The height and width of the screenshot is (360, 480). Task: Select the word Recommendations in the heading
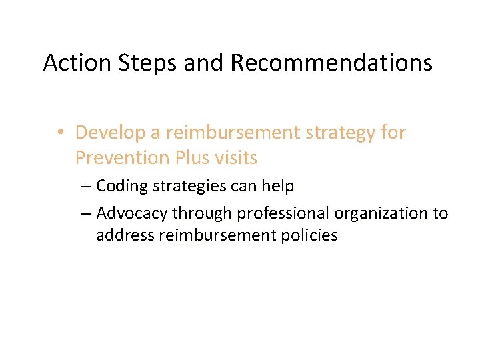(331, 63)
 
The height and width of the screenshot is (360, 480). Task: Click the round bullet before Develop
(61, 133)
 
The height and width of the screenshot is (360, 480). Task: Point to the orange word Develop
(110, 133)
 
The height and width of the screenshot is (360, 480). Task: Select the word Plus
(195, 158)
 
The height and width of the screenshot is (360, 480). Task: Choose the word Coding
(122, 186)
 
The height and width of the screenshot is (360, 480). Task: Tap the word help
(279, 186)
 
